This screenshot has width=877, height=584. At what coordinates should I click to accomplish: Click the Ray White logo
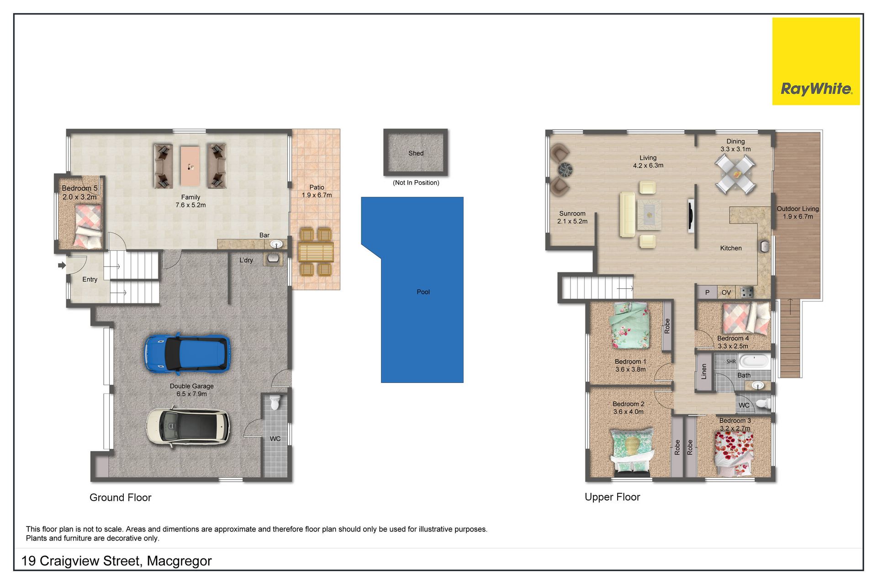[816, 61]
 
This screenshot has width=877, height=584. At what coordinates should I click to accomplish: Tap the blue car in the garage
[187, 354]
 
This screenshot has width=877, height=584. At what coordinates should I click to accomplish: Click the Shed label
[416, 153]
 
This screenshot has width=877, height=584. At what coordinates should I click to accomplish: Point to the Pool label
[423, 292]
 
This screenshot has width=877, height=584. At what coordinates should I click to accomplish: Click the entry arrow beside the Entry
[62, 265]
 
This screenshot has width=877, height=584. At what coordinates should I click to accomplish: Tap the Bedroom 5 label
[79, 188]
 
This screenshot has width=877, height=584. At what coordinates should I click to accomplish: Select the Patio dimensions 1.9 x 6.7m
[317, 195]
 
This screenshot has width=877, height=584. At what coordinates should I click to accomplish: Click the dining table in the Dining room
[735, 174]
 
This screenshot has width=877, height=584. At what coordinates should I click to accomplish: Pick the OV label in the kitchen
[726, 292]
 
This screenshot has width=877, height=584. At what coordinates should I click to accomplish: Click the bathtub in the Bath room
[754, 361]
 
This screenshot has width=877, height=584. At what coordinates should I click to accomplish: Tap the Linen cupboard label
[704, 371]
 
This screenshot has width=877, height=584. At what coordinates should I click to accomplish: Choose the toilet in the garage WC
[275, 402]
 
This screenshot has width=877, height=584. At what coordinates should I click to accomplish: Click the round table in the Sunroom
[566, 170]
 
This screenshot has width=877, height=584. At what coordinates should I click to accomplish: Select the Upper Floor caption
[612, 497]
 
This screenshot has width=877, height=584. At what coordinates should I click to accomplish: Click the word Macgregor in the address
[179, 561]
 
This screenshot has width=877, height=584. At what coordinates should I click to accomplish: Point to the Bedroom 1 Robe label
[667, 326]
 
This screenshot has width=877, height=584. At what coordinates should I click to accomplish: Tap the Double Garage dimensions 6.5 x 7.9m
[191, 394]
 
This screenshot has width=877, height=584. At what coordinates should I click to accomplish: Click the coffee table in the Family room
[190, 166]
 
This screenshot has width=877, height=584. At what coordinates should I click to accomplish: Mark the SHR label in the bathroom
[731, 362]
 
